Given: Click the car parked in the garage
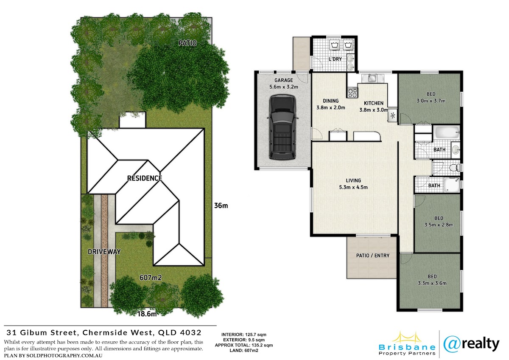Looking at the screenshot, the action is click(x=282, y=127).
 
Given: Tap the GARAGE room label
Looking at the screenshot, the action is click(x=284, y=80).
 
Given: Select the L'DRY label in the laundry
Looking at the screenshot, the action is click(x=335, y=59).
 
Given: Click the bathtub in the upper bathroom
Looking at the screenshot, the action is click(x=447, y=132).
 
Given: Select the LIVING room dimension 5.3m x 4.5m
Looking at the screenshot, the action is click(x=353, y=187).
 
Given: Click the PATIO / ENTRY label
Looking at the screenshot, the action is click(x=373, y=256).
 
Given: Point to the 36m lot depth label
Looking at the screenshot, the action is click(x=221, y=205).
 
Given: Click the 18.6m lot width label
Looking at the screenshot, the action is click(x=147, y=314).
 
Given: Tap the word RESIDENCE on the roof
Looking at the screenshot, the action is click(x=145, y=178).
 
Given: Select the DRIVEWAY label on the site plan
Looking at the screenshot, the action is click(x=104, y=252).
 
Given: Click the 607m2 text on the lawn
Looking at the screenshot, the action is click(x=151, y=278).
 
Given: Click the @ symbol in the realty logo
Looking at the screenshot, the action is click(x=452, y=345).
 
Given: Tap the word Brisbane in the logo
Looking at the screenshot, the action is click(x=407, y=347).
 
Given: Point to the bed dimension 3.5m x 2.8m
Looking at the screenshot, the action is click(x=439, y=225).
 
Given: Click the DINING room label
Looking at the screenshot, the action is click(x=331, y=101).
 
